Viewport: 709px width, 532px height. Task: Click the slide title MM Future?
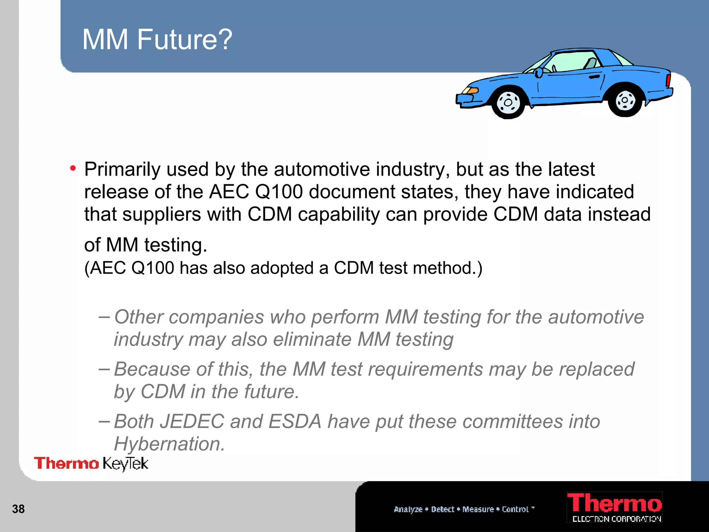157,39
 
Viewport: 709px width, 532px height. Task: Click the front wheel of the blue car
508,103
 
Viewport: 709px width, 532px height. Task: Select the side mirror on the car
538,73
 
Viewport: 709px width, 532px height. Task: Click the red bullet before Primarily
73,169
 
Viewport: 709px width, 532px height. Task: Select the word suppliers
162,214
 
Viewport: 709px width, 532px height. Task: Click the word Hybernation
169,444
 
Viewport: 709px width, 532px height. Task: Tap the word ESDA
295,422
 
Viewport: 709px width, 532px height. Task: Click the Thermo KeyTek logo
91,463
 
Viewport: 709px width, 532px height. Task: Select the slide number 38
18,509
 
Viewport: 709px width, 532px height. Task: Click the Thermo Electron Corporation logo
614,507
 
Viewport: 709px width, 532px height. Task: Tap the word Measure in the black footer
478,509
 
